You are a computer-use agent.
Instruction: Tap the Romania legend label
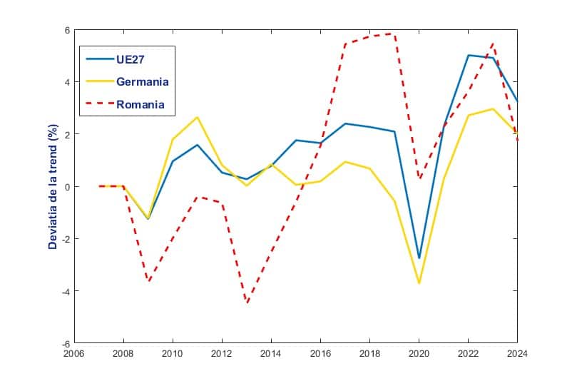pos(141,104)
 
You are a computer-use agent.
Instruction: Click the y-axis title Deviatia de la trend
pos(53,187)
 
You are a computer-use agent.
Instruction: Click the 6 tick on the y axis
pos(66,31)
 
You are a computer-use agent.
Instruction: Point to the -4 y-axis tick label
pos(63,291)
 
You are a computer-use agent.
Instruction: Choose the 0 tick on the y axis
pos(66,187)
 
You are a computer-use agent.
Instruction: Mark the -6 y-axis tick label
pos(63,343)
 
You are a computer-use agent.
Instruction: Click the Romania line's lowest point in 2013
pos(247,303)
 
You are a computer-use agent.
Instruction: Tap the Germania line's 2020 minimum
pos(419,283)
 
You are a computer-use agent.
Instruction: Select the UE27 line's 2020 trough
pos(419,258)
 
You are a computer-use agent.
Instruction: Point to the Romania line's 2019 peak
pos(394,34)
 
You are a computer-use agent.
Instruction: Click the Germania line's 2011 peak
pos(198,117)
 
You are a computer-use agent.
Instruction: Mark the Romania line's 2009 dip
pos(148,281)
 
